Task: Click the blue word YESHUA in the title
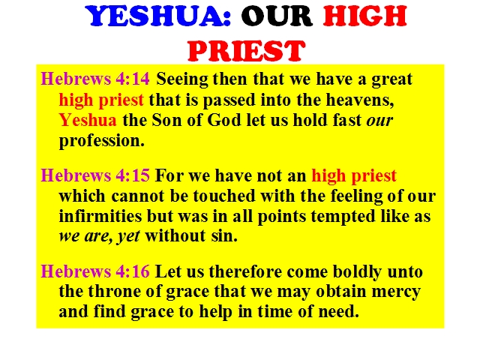157,16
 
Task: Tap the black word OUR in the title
277,16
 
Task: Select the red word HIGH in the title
365,16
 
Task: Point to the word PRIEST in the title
247,51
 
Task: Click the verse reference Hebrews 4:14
95,79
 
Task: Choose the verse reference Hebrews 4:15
95,175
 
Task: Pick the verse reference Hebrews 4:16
95,271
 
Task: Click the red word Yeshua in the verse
88,120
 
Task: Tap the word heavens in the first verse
360,100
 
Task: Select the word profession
102,142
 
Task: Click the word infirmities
100,216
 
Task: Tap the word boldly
357,272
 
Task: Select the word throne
115,291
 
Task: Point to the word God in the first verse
224,120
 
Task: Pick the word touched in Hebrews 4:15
224,196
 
